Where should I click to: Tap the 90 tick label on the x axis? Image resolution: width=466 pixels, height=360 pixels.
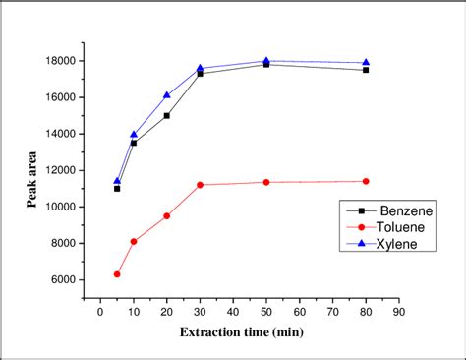click(x=399, y=311)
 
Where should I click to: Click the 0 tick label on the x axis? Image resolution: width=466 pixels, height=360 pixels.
click(x=100, y=311)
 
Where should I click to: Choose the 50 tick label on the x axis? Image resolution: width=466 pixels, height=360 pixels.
click(x=266, y=311)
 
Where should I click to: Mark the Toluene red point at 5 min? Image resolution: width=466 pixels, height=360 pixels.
click(x=117, y=274)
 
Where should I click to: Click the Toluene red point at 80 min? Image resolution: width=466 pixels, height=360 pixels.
click(x=366, y=181)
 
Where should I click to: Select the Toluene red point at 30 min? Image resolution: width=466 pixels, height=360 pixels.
click(x=200, y=185)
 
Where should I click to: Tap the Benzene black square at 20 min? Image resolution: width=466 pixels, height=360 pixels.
click(x=166, y=115)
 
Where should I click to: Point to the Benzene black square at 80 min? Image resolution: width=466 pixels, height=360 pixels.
click(x=366, y=70)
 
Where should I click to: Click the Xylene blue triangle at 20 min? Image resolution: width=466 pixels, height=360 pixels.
click(x=166, y=94)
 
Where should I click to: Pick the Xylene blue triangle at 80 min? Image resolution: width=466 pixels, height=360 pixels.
click(x=366, y=62)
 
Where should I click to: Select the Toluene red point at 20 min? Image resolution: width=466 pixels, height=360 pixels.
click(x=166, y=215)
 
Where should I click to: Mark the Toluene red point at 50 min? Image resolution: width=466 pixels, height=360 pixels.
click(x=266, y=182)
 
